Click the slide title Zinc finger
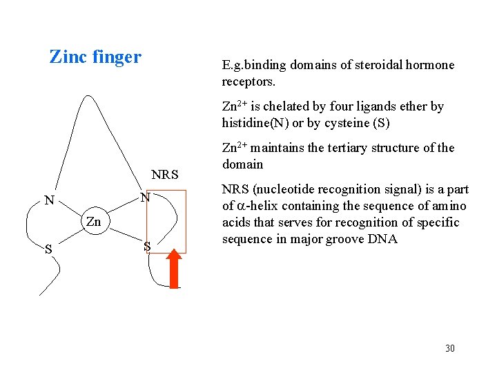point(95,57)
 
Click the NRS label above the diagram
point(164,175)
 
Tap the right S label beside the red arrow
point(146,246)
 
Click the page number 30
point(449,348)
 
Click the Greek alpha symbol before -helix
point(241,206)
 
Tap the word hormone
point(431,65)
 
